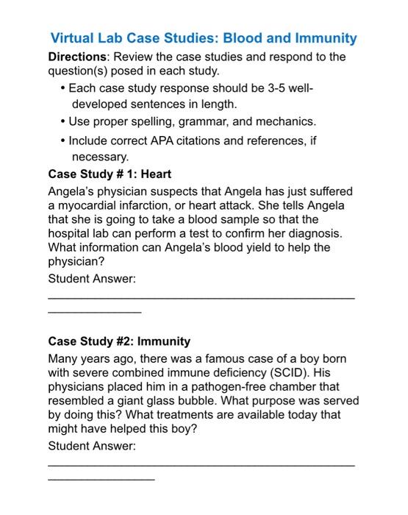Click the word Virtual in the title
tap(74, 38)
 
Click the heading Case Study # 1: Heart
tap(110, 174)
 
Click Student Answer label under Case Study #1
tap(92, 279)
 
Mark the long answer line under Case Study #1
tap(201, 297)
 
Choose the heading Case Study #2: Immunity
tap(119, 341)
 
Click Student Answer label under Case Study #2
tap(92, 447)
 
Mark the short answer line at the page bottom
tap(101, 479)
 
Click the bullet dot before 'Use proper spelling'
tap(62, 121)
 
